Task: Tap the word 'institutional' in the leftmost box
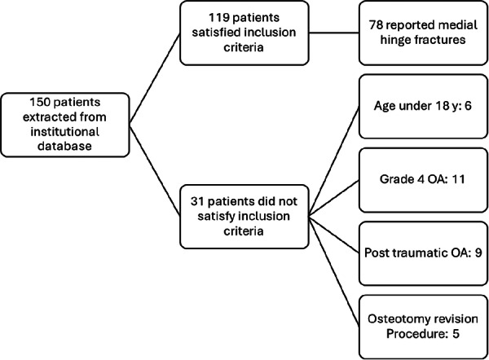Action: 64,131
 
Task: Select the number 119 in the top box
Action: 219,17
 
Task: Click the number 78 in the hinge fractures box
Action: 376,25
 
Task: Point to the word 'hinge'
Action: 394,40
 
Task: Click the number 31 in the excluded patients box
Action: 197,201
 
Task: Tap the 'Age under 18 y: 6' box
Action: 423,106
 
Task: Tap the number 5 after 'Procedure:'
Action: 456,334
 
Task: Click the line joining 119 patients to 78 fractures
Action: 333,33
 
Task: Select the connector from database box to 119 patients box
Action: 155,78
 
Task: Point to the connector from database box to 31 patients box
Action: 155,170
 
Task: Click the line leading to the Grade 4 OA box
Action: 333,198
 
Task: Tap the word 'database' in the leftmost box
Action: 64,146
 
